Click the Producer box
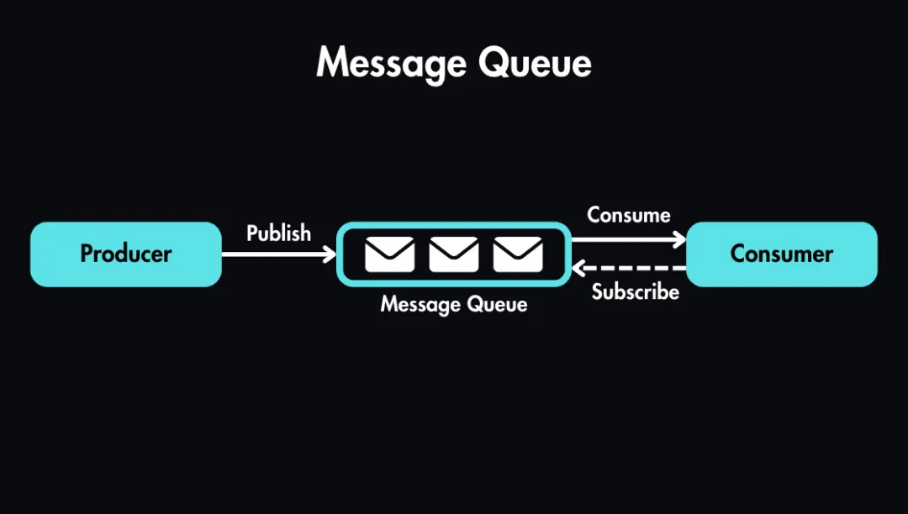[x=126, y=254]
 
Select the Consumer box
[x=782, y=254]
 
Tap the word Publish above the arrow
[x=278, y=233]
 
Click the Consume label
[x=628, y=215]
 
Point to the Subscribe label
[x=635, y=291]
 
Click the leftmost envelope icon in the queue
[x=390, y=254]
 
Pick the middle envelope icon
[x=454, y=254]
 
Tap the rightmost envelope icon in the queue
[x=518, y=254]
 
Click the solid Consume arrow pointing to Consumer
[x=626, y=239]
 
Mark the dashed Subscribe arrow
[x=631, y=269]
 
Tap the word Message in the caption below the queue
[x=416, y=304]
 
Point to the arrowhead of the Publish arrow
[x=330, y=254]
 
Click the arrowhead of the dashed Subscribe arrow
[x=578, y=269]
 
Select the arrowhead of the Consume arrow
[x=680, y=239]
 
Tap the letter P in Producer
[x=87, y=254]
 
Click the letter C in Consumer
[x=737, y=254]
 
